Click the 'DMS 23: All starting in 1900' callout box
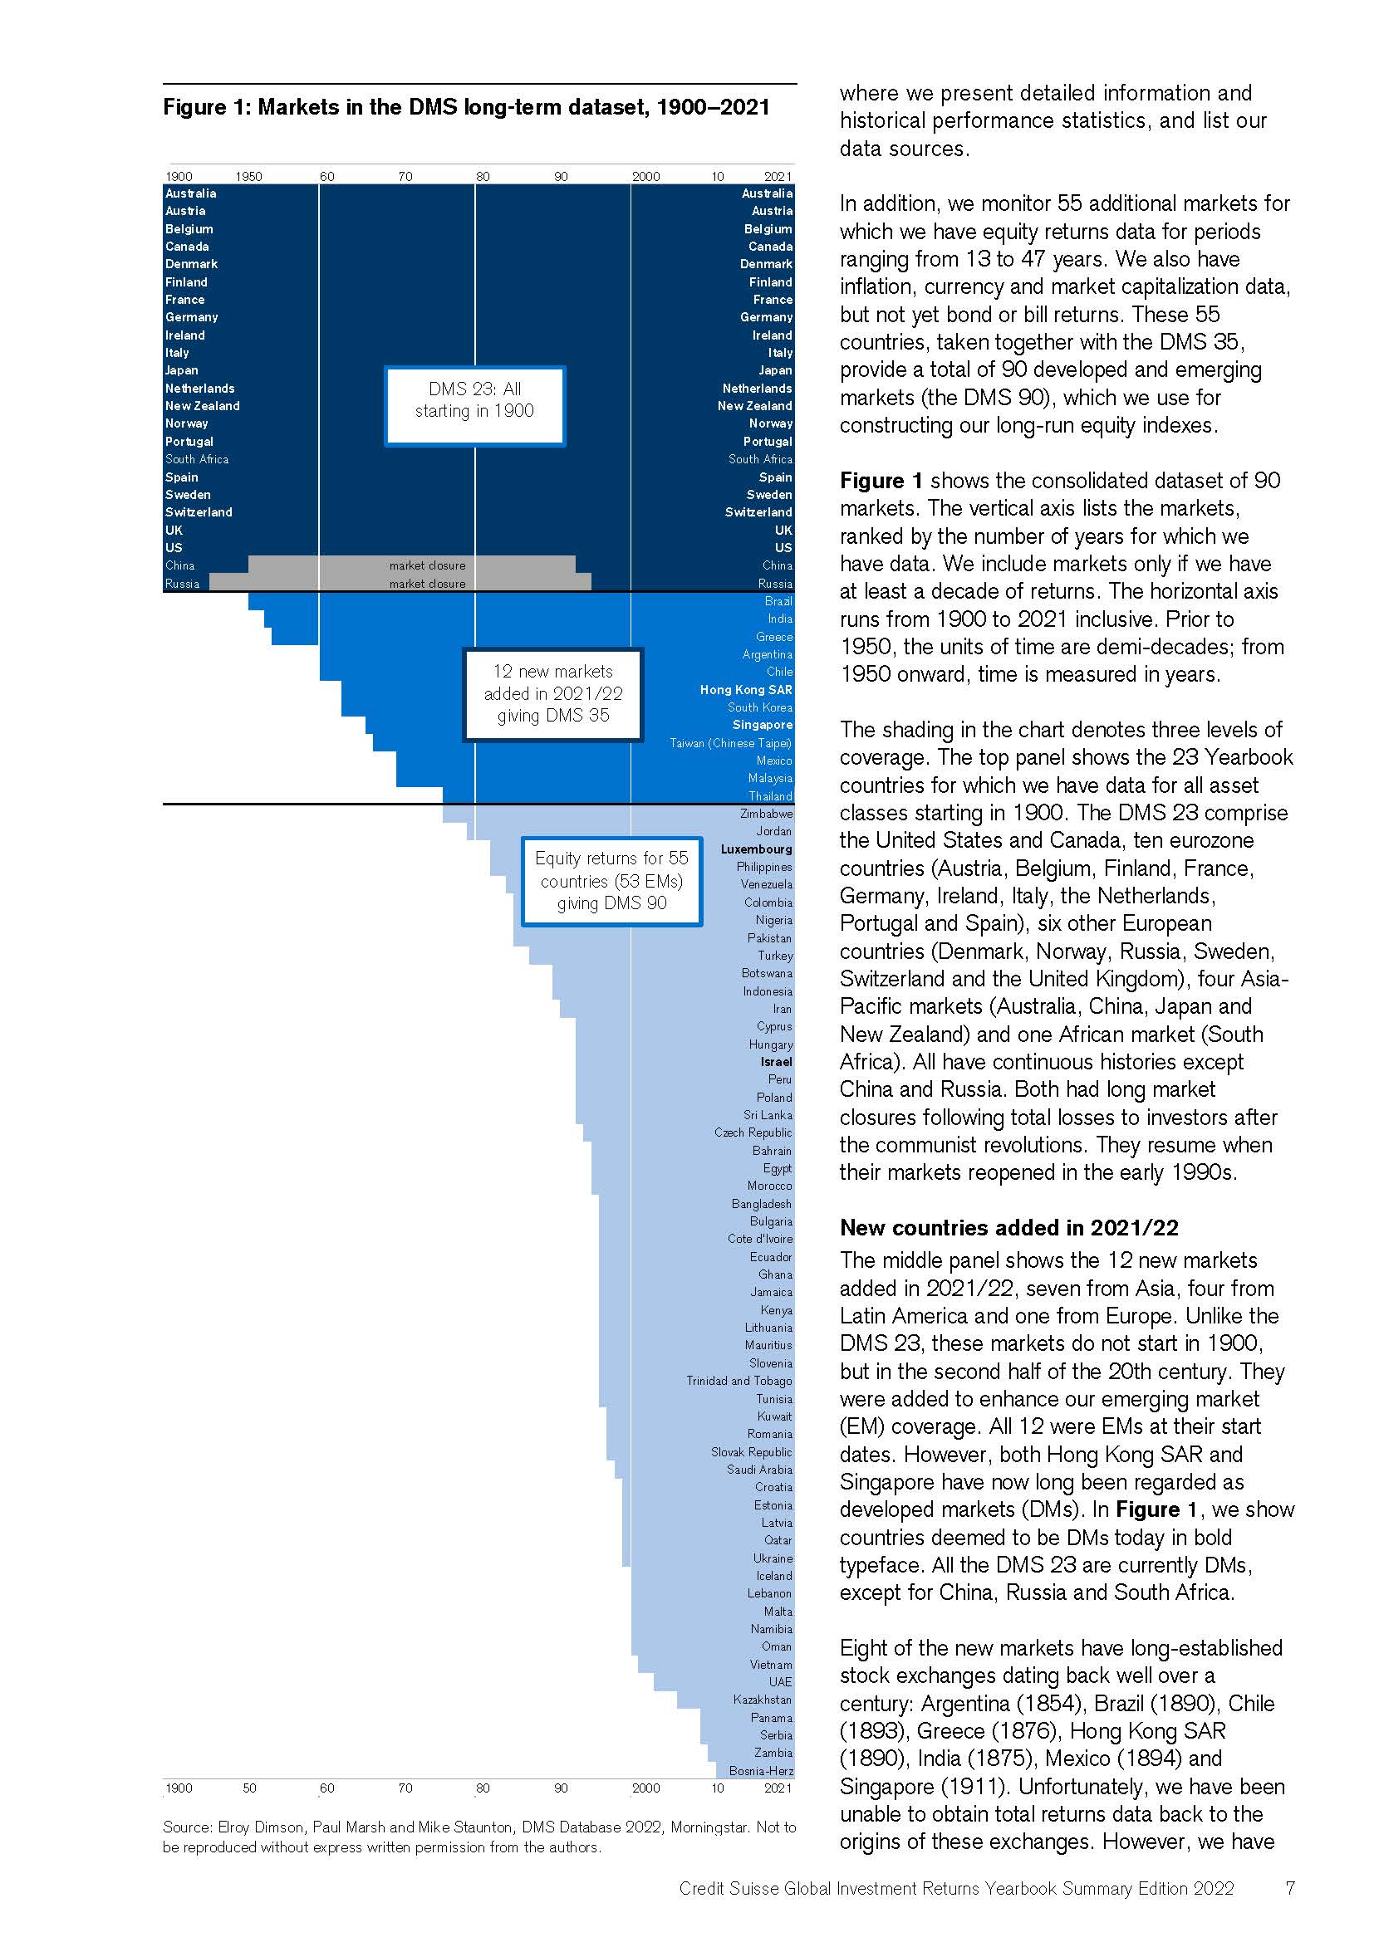(x=474, y=405)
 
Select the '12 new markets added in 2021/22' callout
(x=552, y=693)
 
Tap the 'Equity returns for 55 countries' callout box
(x=611, y=880)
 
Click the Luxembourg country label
(x=757, y=849)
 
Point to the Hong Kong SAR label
(x=745, y=689)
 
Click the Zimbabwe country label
(x=766, y=814)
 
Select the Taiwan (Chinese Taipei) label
(x=730, y=742)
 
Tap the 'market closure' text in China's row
(x=426, y=565)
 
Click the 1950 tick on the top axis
(x=248, y=176)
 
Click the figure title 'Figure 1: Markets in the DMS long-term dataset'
(x=466, y=107)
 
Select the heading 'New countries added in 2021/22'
(x=1008, y=1227)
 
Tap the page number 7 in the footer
(x=1289, y=1889)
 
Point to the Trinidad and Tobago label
(x=739, y=1381)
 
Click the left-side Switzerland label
(x=198, y=511)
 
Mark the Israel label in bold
(x=776, y=1062)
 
